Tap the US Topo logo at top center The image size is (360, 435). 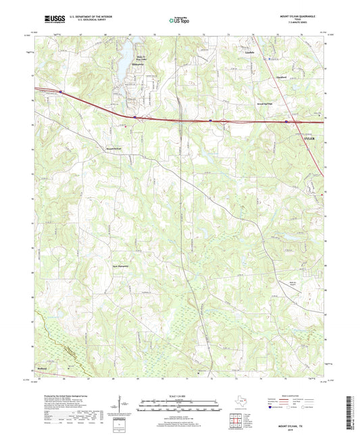point(179,20)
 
